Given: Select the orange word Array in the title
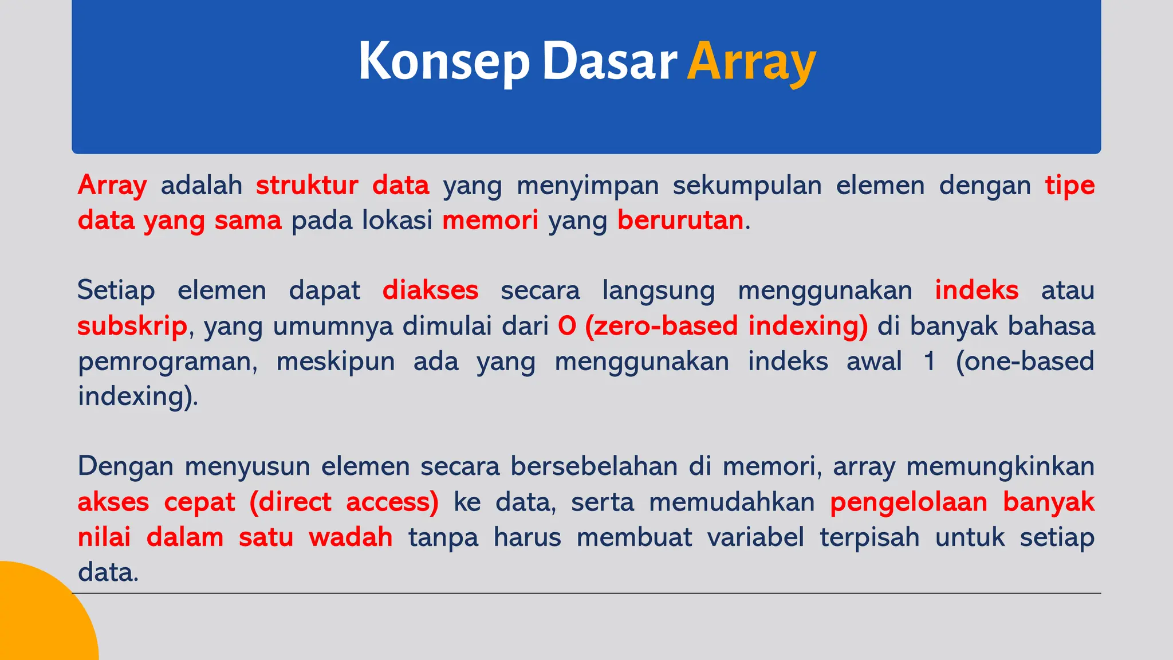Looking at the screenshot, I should (x=751, y=62).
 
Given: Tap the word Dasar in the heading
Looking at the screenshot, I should (x=609, y=61).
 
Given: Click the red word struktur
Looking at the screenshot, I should (x=307, y=186).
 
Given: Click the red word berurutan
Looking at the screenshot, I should (x=680, y=221).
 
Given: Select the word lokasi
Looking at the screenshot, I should (x=397, y=221).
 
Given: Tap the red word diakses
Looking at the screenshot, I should (x=430, y=290).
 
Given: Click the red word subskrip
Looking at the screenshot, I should (x=132, y=327).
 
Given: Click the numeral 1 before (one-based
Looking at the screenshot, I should (x=930, y=362).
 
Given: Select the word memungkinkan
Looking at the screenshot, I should (x=1000, y=466).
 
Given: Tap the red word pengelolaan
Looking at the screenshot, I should (x=909, y=502).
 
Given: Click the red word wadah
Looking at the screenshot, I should (x=351, y=537).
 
